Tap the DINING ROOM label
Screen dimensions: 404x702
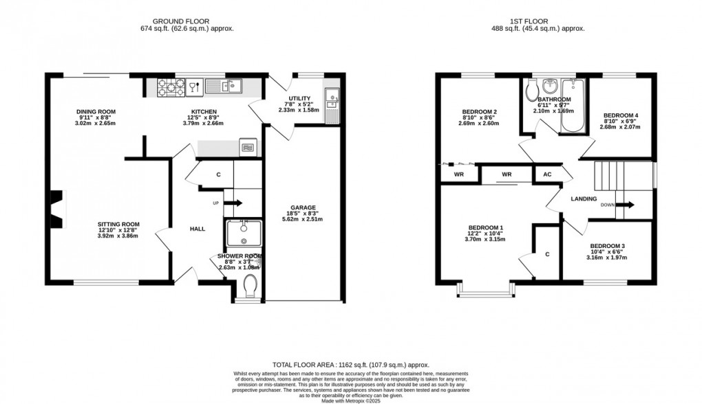(96, 112)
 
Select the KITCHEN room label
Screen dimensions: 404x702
(204, 112)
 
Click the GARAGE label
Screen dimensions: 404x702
(302, 207)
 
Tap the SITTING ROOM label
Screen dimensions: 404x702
(118, 224)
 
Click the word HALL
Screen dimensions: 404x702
(198, 229)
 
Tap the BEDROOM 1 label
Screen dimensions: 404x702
(486, 228)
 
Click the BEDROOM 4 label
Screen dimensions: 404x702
(621, 115)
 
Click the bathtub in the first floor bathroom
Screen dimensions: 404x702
(572, 109)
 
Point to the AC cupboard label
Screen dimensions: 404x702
(548, 175)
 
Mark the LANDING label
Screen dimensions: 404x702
(584, 199)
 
